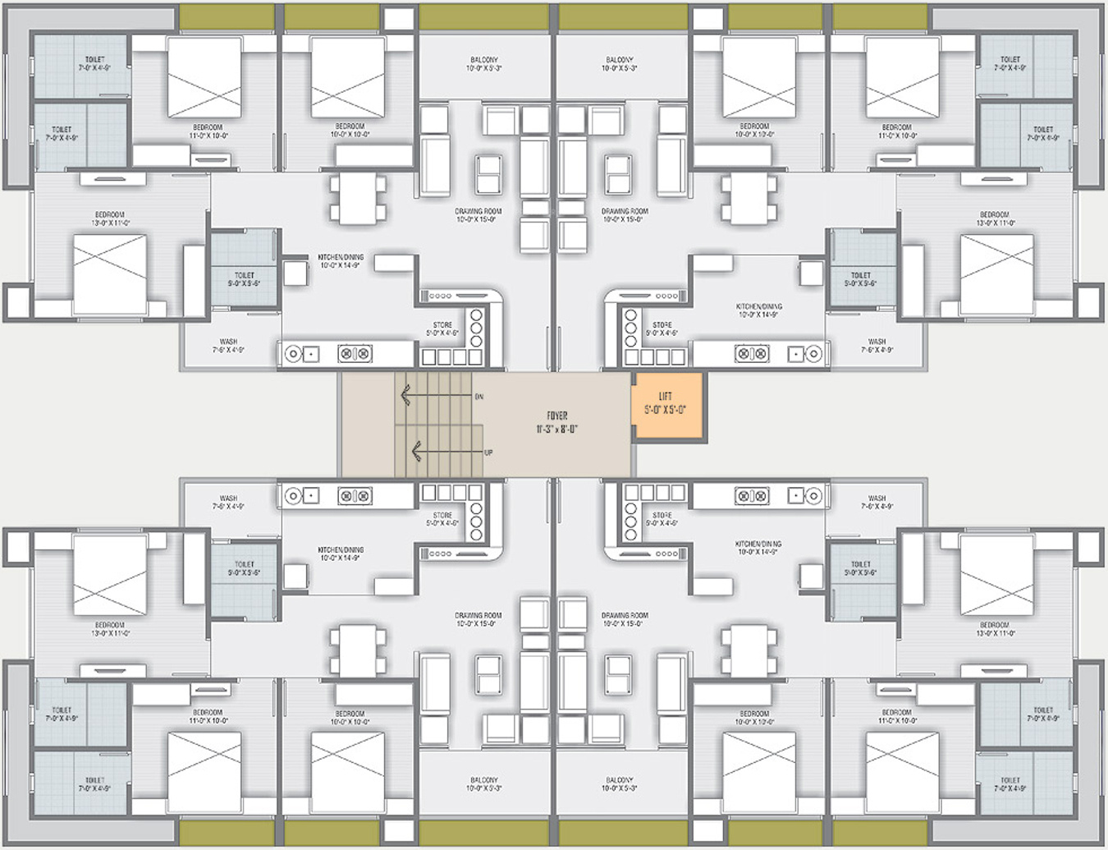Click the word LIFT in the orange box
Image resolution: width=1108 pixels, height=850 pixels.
(665, 397)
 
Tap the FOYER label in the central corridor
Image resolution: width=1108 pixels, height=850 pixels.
(557, 416)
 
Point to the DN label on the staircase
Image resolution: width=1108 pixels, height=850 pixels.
(479, 397)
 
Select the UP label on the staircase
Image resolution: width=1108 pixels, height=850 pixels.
(488, 453)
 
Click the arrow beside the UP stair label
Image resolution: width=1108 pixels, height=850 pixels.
(417, 450)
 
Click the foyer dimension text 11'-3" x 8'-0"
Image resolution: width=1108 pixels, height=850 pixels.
(557, 429)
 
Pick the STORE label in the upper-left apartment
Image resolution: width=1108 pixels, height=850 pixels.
(442, 325)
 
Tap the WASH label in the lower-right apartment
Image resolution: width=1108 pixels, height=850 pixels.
(877, 499)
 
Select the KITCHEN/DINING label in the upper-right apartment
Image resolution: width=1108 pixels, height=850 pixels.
(758, 306)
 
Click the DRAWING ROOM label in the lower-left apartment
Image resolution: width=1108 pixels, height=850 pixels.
(478, 615)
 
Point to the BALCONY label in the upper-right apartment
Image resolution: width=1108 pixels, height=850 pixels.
(620, 60)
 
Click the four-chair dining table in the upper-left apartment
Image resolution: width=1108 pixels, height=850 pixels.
(358, 199)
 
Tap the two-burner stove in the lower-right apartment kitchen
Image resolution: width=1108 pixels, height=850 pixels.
(752, 495)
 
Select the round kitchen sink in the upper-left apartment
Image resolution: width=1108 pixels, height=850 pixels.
(293, 354)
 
